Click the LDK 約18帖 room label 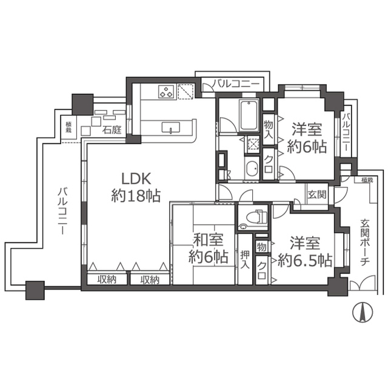(x=135, y=187)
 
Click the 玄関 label (x=316, y=195)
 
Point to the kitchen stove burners (x=167, y=92)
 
